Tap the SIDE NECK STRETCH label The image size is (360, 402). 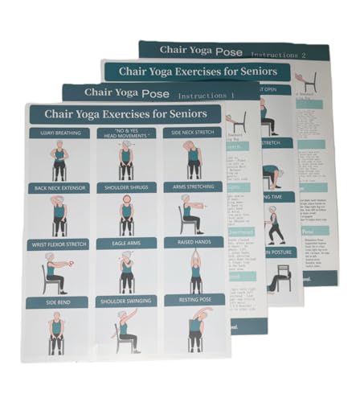coord(193,133)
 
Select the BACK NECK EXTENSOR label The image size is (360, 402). coord(58,188)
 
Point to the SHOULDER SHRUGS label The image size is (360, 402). coord(126,188)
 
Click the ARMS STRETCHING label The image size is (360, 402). coord(194,187)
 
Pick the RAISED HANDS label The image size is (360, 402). coord(194,242)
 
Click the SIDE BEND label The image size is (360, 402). coord(57,302)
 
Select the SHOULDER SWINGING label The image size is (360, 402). coord(127,301)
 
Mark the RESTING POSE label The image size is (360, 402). coord(194,300)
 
